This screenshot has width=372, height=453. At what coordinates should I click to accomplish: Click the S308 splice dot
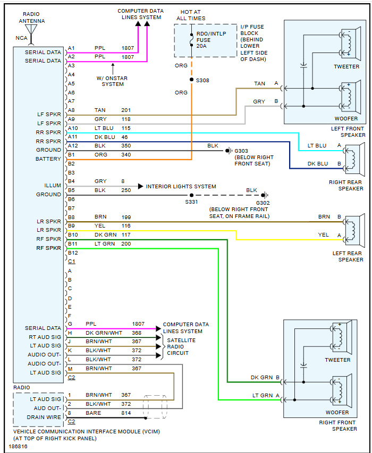tap(191, 80)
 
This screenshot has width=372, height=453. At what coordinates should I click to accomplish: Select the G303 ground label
tap(241, 151)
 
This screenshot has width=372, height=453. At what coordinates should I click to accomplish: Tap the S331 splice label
tap(191, 202)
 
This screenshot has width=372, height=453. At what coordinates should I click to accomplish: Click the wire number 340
tap(126, 154)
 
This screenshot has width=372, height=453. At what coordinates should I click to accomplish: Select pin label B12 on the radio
tap(72, 252)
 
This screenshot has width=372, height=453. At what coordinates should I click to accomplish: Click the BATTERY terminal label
tap(48, 159)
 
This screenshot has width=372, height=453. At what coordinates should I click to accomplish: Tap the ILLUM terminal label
tap(53, 186)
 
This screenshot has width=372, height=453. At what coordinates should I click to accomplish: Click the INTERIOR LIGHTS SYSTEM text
tap(181, 186)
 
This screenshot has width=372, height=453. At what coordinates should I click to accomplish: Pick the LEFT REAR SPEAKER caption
tap(348, 257)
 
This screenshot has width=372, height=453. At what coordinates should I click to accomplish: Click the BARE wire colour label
tap(94, 413)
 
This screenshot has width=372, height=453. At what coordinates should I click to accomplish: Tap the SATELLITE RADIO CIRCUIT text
tap(181, 346)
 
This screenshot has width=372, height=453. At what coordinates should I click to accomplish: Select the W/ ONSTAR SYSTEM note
tap(113, 81)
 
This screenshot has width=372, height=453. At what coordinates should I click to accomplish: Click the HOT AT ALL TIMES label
tap(191, 15)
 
